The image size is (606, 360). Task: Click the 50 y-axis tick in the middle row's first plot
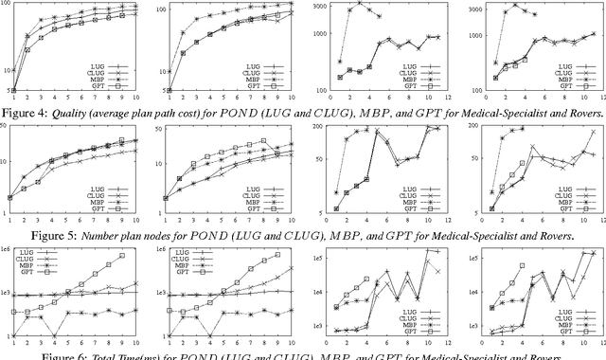(9, 128)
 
